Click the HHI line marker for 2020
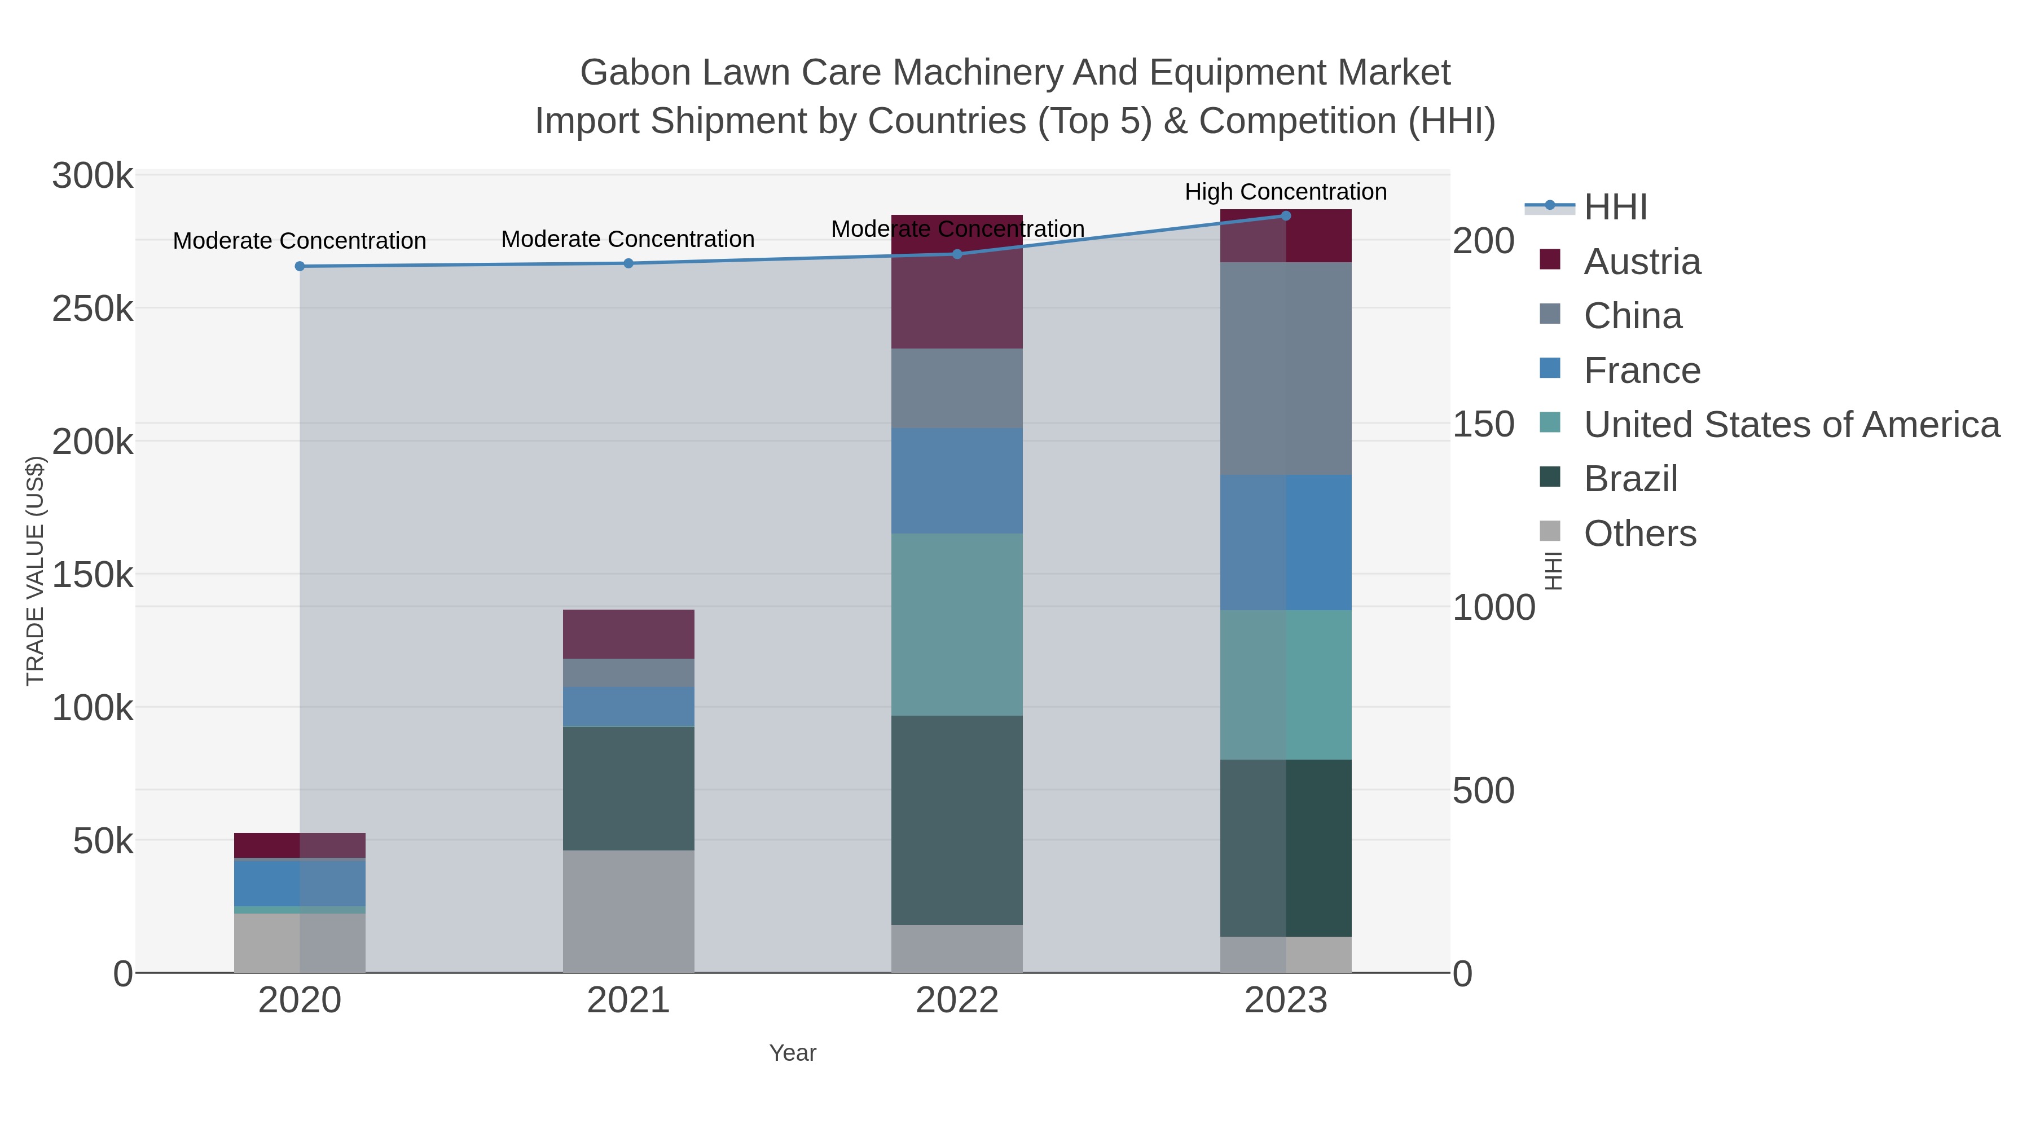pos(300,266)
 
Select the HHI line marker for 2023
pos(1285,216)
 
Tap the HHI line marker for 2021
pos(628,263)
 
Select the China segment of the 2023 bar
pos(1285,368)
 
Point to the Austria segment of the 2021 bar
pos(628,634)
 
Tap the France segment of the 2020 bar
pos(300,883)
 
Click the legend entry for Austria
pos(1642,262)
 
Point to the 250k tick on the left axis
pos(93,309)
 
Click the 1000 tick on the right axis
pos(1493,607)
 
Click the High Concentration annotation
pos(1285,192)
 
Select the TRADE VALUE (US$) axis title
pos(36,571)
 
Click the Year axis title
pos(793,1053)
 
